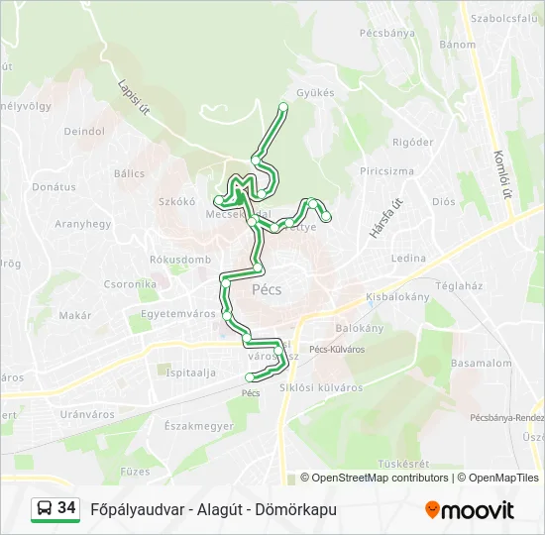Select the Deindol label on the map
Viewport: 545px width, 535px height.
click(84, 131)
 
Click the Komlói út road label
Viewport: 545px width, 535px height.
click(499, 174)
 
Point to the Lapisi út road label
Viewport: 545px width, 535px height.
click(132, 97)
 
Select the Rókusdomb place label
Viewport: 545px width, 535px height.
click(180, 260)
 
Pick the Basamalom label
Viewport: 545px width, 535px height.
click(482, 364)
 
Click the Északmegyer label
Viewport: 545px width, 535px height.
click(199, 426)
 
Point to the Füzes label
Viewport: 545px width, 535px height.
click(135, 471)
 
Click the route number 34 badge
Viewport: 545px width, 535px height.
click(66, 509)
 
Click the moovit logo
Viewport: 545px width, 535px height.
click(470, 509)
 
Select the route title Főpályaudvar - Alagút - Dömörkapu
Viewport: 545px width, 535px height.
click(213, 509)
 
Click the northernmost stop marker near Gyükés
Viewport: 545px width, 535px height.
click(283, 106)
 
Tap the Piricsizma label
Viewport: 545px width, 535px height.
click(386, 171)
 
